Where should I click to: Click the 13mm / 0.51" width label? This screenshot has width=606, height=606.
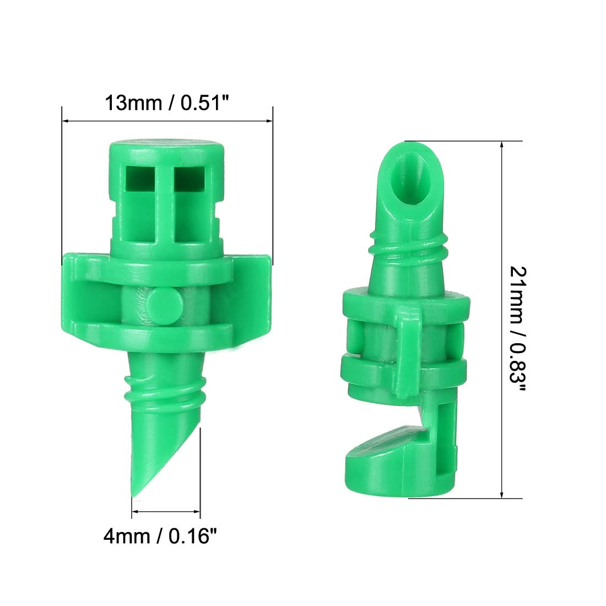[x=166, y=102]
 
